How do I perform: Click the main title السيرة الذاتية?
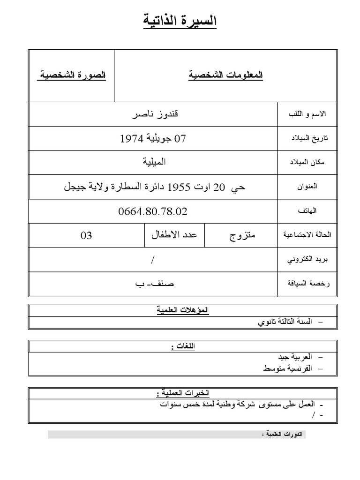point(180,21)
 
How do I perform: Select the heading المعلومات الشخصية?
point(225,75)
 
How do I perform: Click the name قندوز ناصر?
point(153,114)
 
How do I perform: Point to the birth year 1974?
point(131,138)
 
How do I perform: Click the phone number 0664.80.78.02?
point(153,211)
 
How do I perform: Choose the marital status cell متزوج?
point(242,235)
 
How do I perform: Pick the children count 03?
point(86,235)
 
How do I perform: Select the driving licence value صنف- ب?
point(153,284)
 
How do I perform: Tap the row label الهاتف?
point(307,211)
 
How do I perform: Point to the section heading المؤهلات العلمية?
point(183,310)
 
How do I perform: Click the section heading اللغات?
point(182,346)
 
